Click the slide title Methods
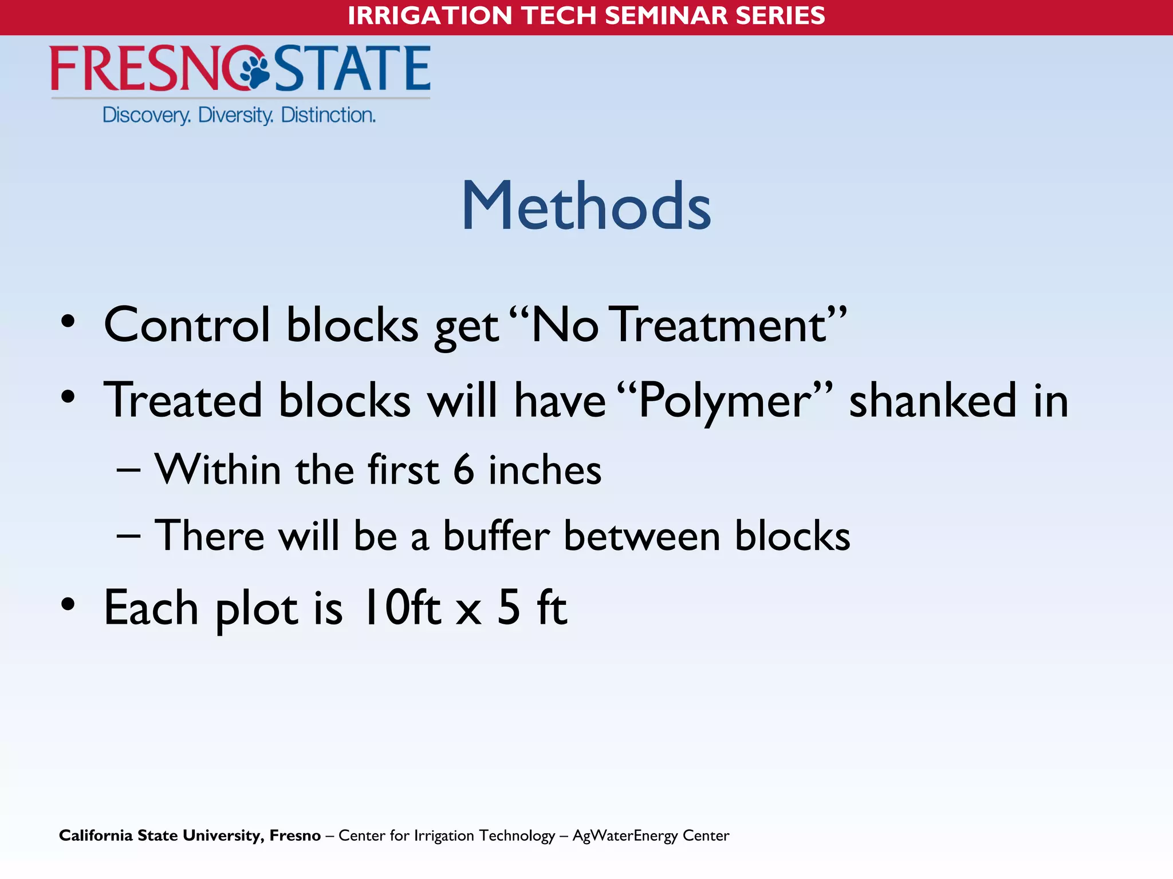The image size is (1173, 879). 586,206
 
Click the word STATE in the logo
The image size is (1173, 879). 352,69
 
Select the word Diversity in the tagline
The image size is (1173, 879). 235,116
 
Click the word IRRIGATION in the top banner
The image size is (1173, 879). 430,15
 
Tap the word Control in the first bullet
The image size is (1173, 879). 187,325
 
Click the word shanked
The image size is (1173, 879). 933,401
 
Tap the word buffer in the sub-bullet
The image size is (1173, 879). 496,536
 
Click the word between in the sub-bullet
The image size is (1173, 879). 642,536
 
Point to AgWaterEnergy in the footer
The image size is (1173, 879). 625,836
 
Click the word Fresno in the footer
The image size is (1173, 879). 295,836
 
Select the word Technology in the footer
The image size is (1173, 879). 517,836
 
